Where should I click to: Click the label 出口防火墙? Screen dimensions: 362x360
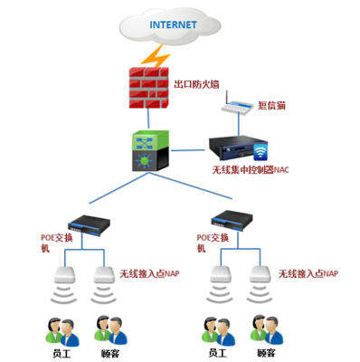[198, 86]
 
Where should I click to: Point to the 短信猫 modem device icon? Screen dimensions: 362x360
[238, 108]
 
